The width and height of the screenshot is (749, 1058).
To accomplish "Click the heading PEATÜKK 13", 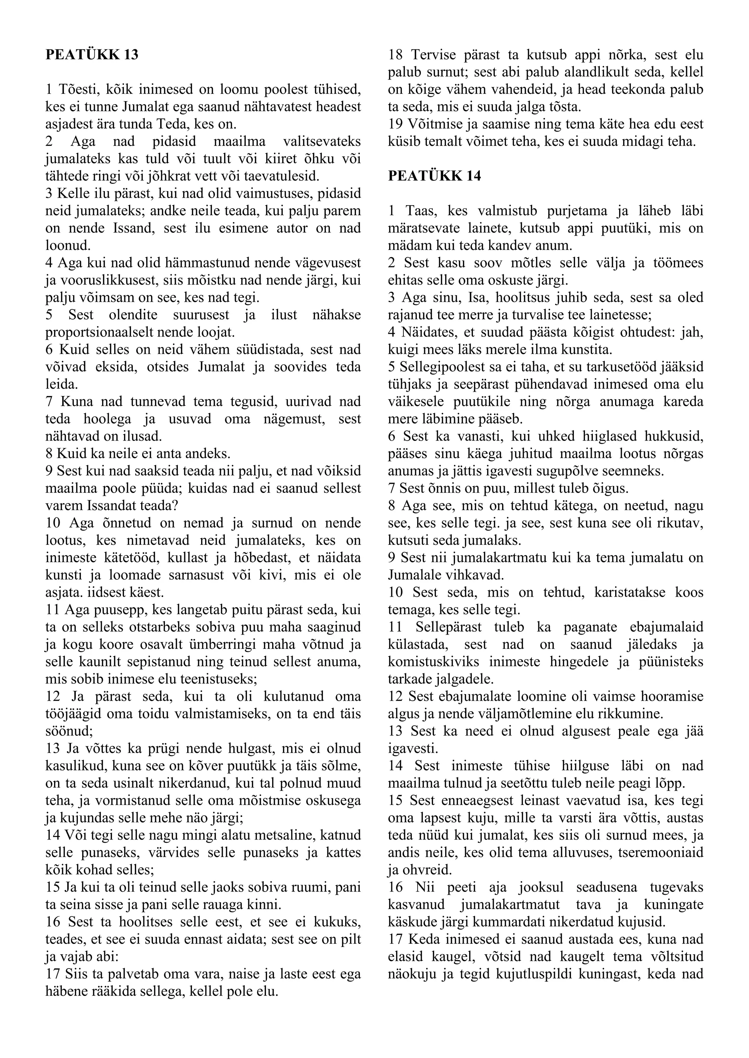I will [92, 55].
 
